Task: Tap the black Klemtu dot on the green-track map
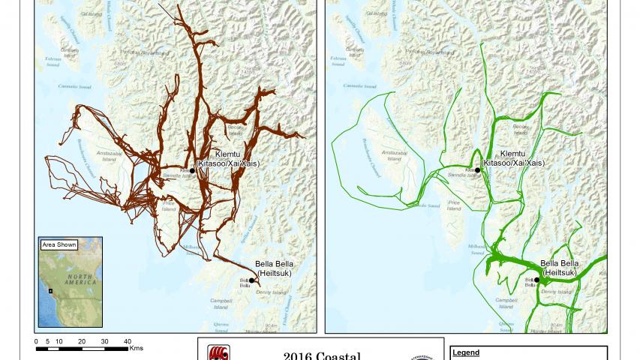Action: pyautogui.click(x=478, y=170)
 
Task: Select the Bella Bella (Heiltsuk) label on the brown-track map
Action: pyautogui.click(x=274, y=268)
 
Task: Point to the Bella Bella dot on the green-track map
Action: pyautogui.click(x=537, y=280)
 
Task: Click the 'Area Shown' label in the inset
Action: pyautogui.click(x=59, y=244)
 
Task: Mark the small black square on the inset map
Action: pyautogui.click(x=50, y=290)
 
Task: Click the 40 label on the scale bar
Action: pyautogui.click(x=128, y=341)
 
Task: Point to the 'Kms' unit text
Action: pyautogui.click(x=136, y=348)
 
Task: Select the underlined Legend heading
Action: pyautogui.click(x=467, y=352)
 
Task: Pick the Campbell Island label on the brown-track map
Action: pyautogui.click(x=221, y=303)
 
